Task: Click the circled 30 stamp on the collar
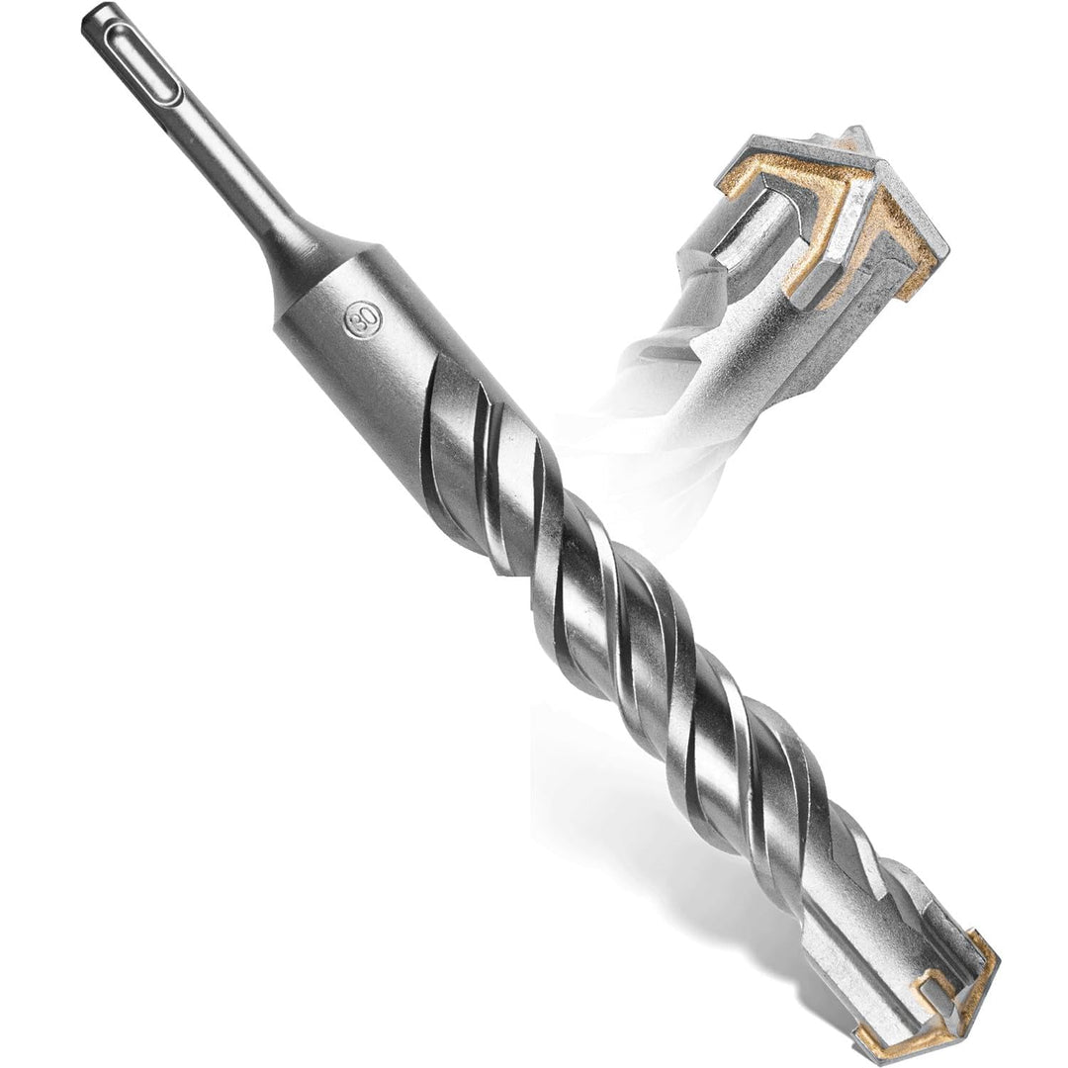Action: coord(362,318)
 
